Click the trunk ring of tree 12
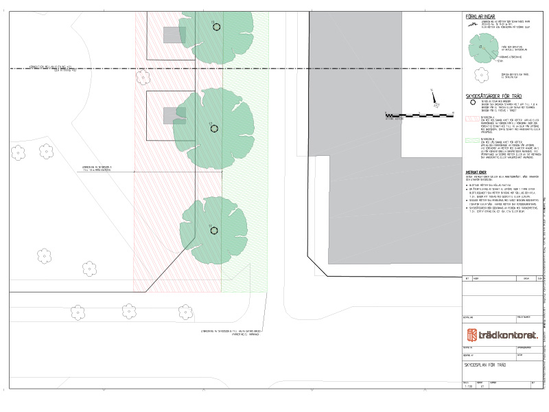[x=213, y=128]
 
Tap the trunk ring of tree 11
[x=213, y=231]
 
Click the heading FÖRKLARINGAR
[x=481, y=16]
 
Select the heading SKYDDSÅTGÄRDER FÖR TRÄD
[x=494, y=97]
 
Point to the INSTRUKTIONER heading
[x=476, y=172]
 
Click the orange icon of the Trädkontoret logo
[x=471, y=334]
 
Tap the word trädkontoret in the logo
[x=503, y=334]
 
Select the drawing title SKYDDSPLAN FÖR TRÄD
[x=490, y=366]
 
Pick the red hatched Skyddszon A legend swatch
[x=471, y=119]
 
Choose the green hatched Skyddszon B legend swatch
[x=471, y=139]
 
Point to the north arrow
[x=432, y=95]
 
